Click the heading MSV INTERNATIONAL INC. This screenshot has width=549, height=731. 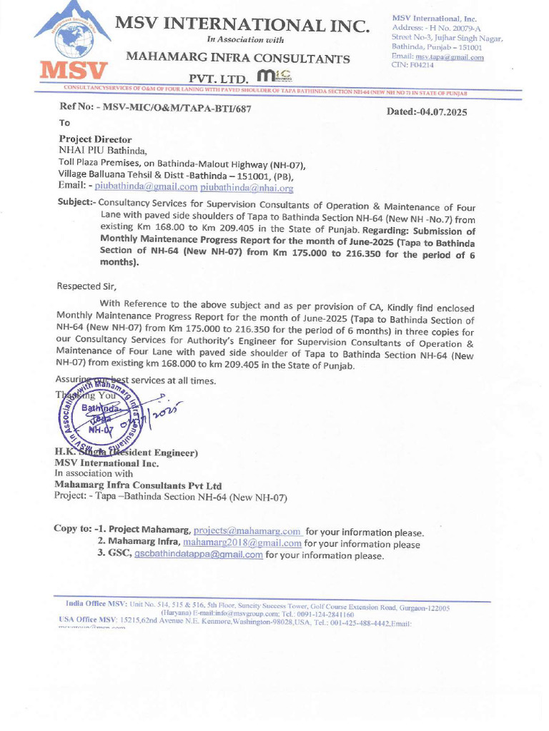[242, 26]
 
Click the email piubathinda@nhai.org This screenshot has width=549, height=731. [247, 188]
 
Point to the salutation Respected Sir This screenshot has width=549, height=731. [86, 286]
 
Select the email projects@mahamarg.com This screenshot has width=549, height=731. [247, 532]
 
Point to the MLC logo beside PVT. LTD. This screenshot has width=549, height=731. [274, 76]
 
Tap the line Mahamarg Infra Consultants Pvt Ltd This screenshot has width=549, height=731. [139, 485]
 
